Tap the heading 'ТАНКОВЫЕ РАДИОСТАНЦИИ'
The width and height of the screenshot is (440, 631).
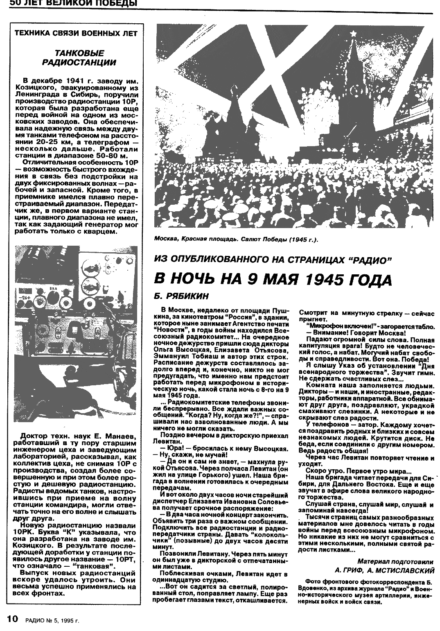(x=79, y=58)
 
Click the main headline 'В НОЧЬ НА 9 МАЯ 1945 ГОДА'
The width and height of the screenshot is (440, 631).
(x=273, y=280)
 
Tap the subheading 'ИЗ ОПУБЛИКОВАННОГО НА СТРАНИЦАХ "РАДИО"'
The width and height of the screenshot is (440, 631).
(x=273, y=260)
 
